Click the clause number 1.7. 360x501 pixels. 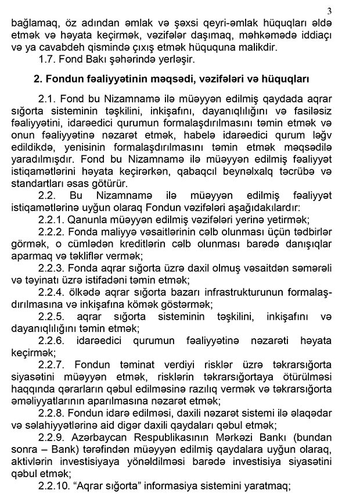[x=48, y=59]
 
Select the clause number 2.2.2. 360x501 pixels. [x=52, y=232]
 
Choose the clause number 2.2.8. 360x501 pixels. [x=52, y=412]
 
